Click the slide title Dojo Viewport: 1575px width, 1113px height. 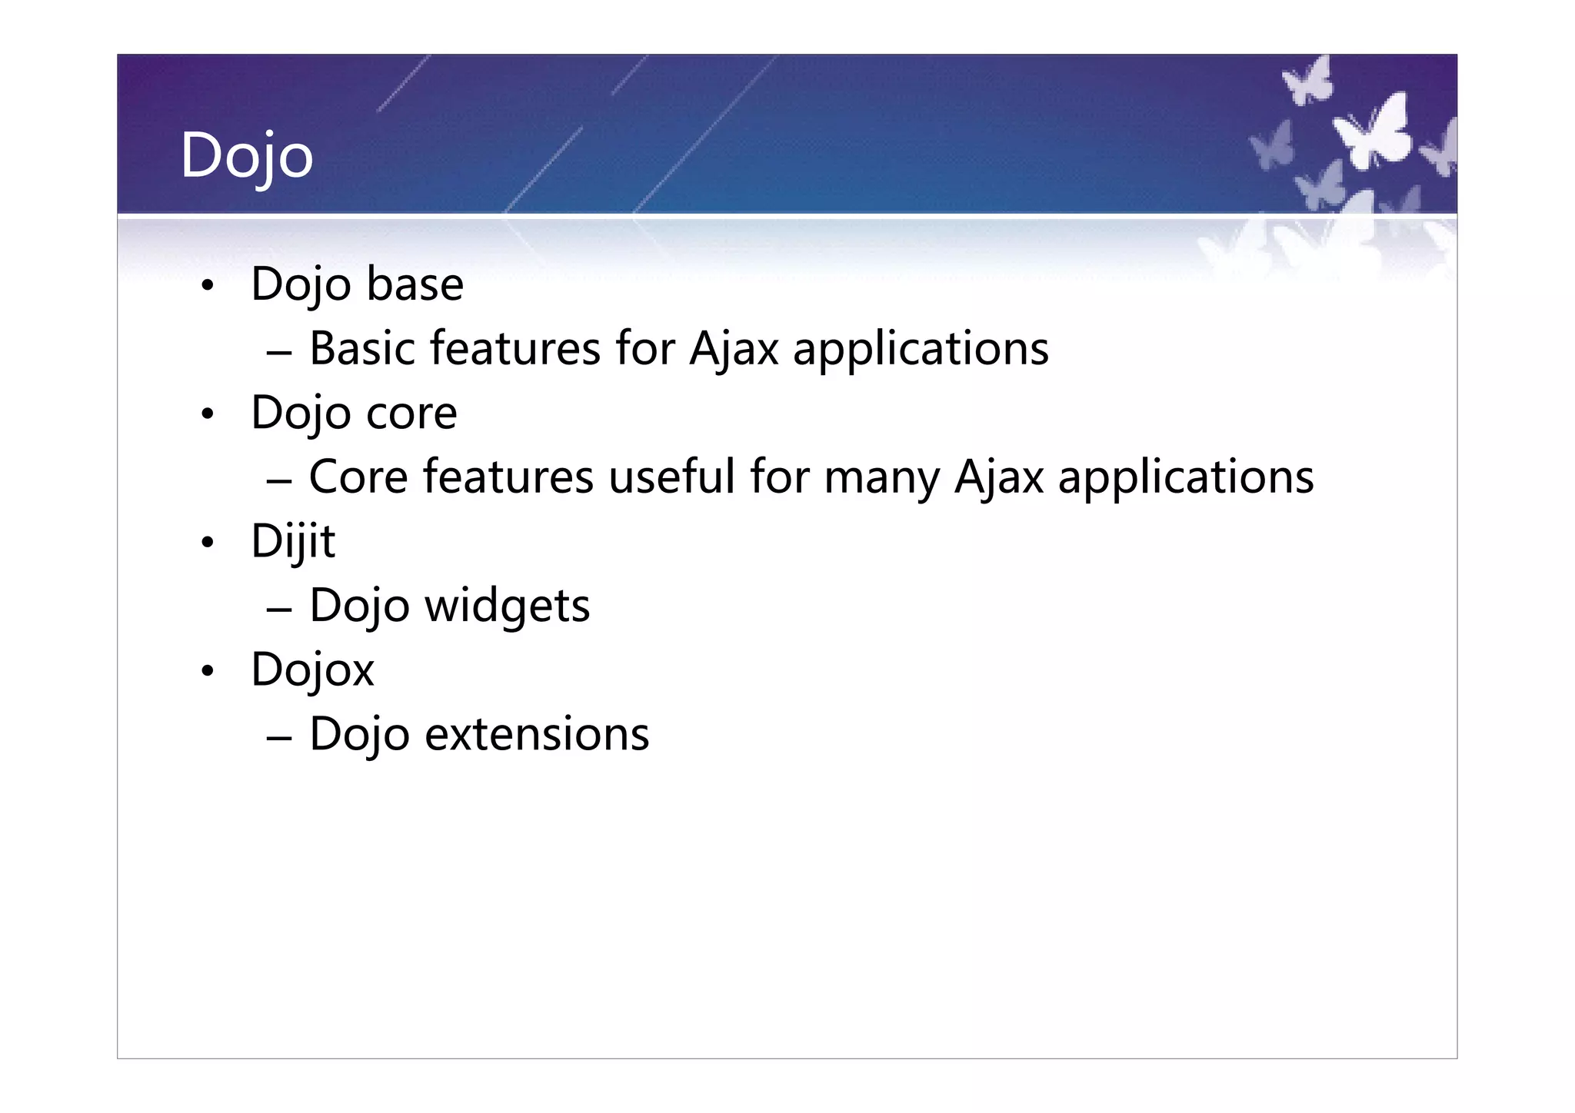pyautogui.click(x=246, y=156)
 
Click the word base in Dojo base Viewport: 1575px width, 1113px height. pyautogui.click(x=415, y=284)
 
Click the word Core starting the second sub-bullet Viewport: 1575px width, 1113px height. pyautogui.click(x=358, y=477)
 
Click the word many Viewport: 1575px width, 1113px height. pyautogui.click(x=882, y=478)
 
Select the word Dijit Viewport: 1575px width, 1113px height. pyautogui.click(x=293, y=541)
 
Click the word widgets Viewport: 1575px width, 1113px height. pyautogui.click(x=507, y=606)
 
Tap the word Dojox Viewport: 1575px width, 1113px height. pyautogui.click(x=312, y=669)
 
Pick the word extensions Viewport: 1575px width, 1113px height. pyautogui.click(x=537, y=734)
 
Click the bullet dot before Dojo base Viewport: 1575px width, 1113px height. pyautogui.click(x=206, y=287)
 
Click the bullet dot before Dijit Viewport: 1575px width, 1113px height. pyautogui.click(x=206, y=543)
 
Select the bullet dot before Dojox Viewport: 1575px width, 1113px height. pyautogui.click(x=206, y=672)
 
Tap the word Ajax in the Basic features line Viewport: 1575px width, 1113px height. pyautogui.click(x=734, y=350)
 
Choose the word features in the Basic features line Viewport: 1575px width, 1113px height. pyautogui.click(x=514, y=348)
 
